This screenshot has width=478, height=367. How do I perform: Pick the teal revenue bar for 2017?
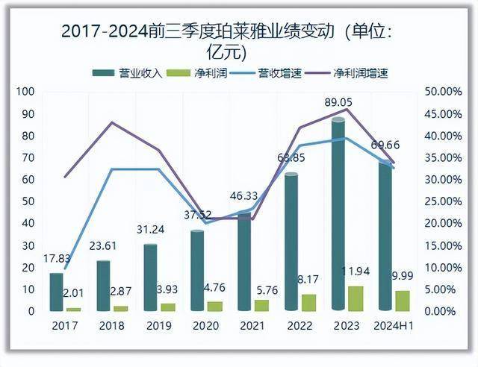[x=56, y=292]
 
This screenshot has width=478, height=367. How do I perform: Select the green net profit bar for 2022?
[x=308, y=302]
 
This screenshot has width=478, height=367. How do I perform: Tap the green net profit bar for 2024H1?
[x=402, y=301]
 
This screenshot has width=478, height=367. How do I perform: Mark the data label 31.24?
[x=150, y=230]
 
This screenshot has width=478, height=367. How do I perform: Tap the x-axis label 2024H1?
[x=391, y=326]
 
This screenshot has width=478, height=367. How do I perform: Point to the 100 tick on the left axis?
[x=25, y=92]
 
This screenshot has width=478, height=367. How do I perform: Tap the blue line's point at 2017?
[x=65, y=268]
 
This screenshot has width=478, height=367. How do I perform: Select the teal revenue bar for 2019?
[x=150, y=277]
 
